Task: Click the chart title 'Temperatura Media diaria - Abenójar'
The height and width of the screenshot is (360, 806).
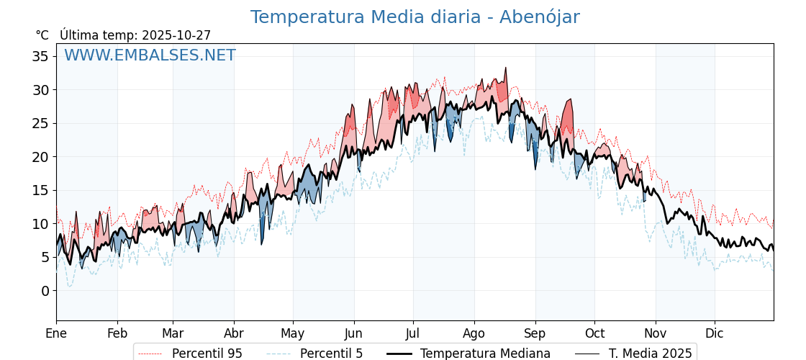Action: (415, 17)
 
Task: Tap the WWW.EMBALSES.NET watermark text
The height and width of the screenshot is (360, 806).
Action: (150, 55)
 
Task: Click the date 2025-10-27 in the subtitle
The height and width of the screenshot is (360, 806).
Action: (176, 35)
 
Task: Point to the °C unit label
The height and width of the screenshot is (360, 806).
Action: (42, 35)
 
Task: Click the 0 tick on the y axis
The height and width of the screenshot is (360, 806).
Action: (45, 291)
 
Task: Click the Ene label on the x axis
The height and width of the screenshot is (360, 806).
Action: (56, 333)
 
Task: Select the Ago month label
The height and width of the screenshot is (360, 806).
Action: (474, 333)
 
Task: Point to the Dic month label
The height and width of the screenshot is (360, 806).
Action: (715, 333)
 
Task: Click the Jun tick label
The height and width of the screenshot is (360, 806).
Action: (353, 333)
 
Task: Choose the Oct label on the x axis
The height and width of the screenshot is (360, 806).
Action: (594, 333)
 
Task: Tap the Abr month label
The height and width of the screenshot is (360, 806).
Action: (234, 333)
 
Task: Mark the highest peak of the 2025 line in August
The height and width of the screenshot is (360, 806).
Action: (506, 68)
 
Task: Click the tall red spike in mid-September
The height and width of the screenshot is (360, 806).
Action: (570, 101)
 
